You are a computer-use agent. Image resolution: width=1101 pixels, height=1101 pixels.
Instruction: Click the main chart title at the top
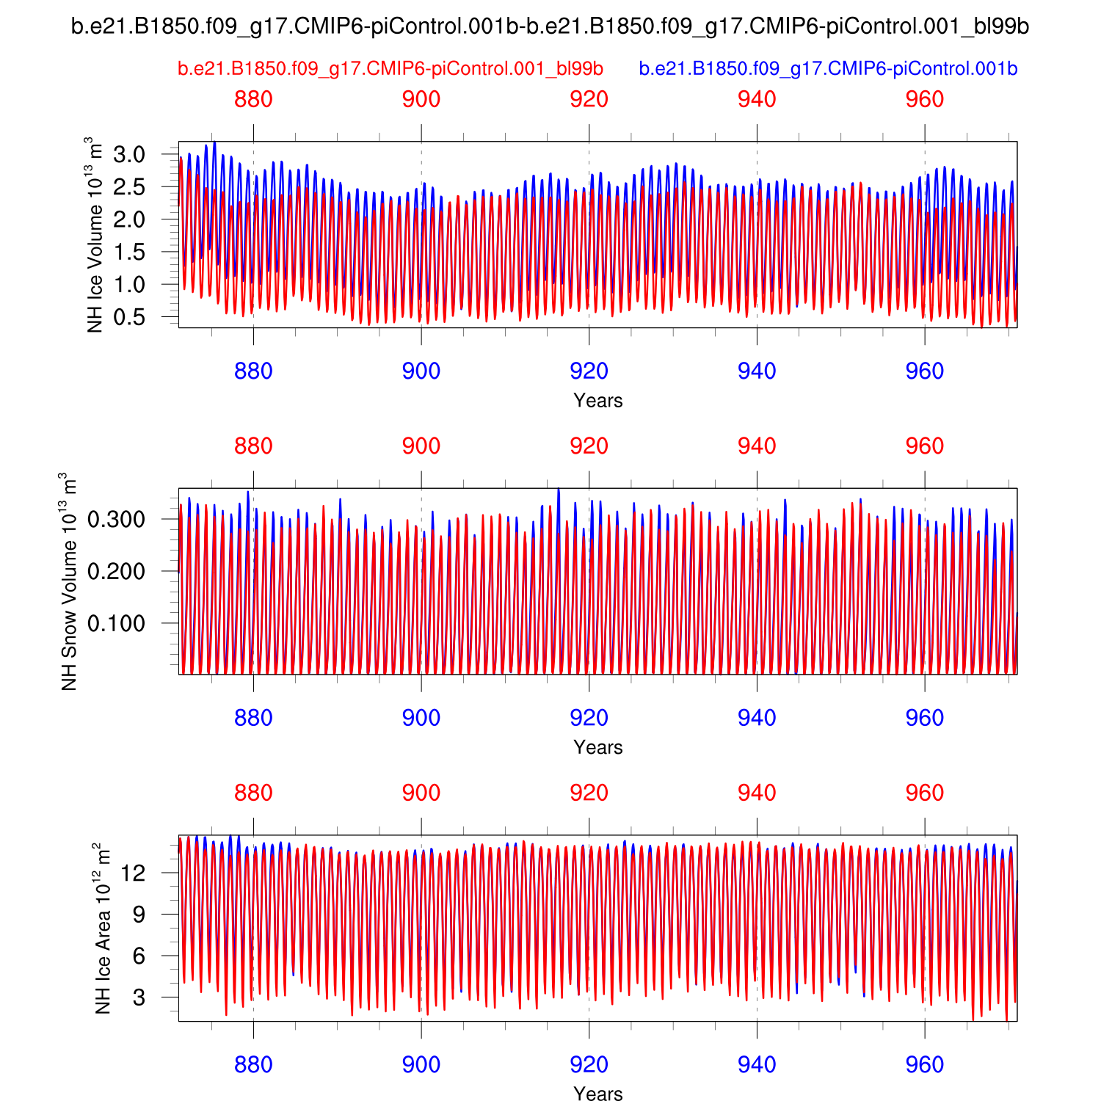[x=550, y=26]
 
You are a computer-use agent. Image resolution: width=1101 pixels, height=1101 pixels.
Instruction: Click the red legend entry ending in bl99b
[x=390, y=69]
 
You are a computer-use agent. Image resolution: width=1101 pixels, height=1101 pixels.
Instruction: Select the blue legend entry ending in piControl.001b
[x=828, y=69]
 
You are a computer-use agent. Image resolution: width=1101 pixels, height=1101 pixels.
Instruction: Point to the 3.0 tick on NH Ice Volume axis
[x=129, y=155]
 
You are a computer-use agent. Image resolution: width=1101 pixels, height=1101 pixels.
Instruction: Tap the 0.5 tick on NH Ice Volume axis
[x=129, y=317]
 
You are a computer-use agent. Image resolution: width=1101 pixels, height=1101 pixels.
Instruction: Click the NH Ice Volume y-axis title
[x=95, y=235]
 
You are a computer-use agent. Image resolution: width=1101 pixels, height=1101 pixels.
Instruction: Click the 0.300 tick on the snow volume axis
[x=116, y=520]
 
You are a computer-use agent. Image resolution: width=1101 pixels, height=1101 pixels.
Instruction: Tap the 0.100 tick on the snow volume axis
[x=116, y=623]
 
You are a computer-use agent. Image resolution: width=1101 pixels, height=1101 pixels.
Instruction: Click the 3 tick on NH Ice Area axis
[x=160, y=998]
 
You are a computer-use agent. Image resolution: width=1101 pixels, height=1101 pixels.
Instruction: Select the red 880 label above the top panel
[x=253, y=100]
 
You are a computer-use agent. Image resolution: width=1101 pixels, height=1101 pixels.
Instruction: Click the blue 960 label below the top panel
[x=924, y=371]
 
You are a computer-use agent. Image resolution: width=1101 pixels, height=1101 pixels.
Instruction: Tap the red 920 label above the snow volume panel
[x=589, y=446]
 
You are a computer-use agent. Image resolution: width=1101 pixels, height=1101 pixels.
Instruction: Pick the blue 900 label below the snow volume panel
[x=421, y=718]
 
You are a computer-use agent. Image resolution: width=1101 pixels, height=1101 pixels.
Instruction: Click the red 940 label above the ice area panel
[x=757, y=793]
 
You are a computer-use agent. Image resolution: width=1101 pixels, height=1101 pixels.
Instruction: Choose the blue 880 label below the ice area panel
[x=253, y=1064]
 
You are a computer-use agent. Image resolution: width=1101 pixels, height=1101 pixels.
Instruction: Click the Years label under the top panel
[x=597, y=401]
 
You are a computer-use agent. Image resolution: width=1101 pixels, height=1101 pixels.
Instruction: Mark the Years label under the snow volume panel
[x=597, y=747]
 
